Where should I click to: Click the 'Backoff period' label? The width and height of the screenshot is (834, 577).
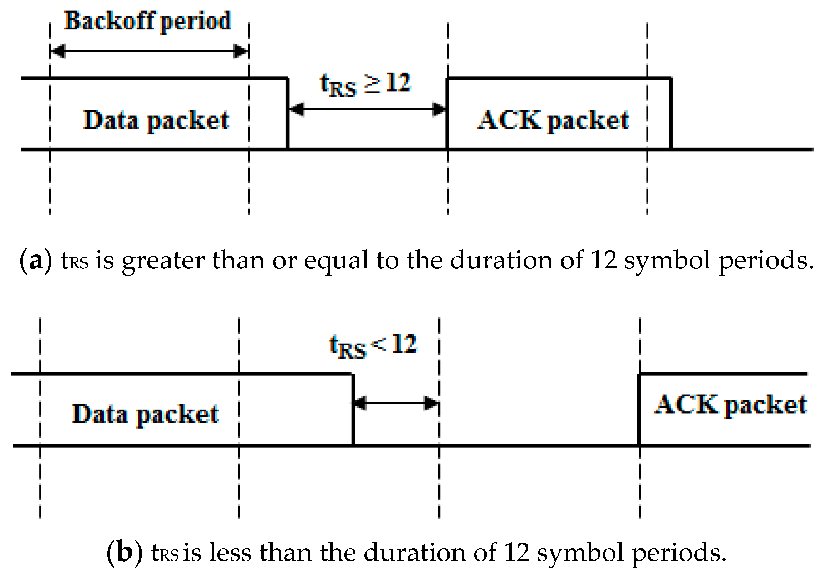[148, 21]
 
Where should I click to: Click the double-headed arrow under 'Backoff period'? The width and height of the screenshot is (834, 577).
[149, 51]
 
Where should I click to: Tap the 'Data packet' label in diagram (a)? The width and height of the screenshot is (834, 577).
[156, 120]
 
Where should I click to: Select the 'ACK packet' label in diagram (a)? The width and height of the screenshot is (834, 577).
[553, 120]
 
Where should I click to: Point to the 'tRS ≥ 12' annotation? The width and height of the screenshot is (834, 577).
[365, 84]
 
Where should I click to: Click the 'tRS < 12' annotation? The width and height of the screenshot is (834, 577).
[373, 345]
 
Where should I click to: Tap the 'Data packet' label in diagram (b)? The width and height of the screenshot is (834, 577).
[145, 414]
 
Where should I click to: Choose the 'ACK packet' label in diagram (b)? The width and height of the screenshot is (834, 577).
[731, 405]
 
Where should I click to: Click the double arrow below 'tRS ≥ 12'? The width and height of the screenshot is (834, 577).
[367, 109]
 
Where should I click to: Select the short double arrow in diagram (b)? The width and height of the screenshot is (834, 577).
[396, 403]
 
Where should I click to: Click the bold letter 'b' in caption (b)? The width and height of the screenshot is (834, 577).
[124, 553]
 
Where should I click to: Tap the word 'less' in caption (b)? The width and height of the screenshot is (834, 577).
[230, 553]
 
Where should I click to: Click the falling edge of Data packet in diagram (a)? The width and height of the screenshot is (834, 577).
[288, 113]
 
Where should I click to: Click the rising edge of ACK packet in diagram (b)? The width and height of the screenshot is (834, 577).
[639, 409]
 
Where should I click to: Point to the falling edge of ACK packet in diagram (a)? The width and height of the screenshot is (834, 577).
[671, 113]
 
